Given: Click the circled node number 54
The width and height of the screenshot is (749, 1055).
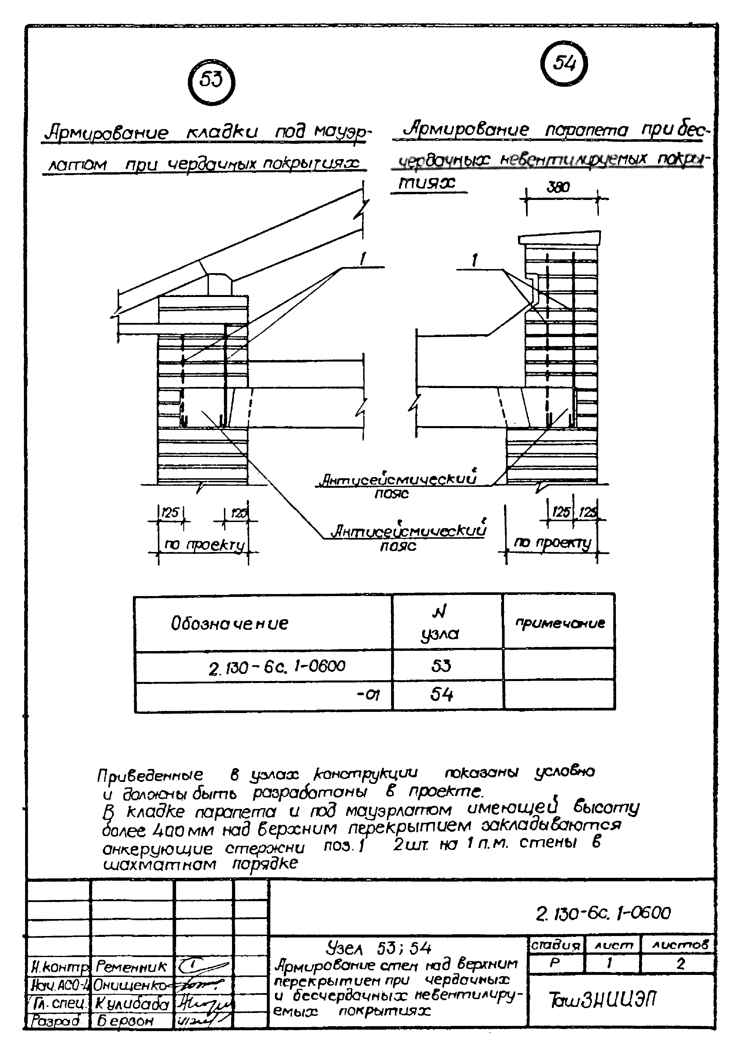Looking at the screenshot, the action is (x=564, y=63).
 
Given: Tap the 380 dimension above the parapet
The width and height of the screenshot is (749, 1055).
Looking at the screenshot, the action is (x=559, y=187).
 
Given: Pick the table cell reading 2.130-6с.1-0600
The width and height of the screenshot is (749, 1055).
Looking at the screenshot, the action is (x=277, y=666).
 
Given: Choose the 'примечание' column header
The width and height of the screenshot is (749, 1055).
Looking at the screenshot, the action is (x=559, y=623).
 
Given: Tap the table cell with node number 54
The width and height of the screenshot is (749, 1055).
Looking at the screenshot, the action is (x=442, y=694).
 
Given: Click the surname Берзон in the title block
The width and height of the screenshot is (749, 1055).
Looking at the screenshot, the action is (x=125, y=1020).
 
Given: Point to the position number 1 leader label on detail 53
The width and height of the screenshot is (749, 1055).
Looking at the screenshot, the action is (x=363, y=260).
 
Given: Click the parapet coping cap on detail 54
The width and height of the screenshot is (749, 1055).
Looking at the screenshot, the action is (x=559, y=239).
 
